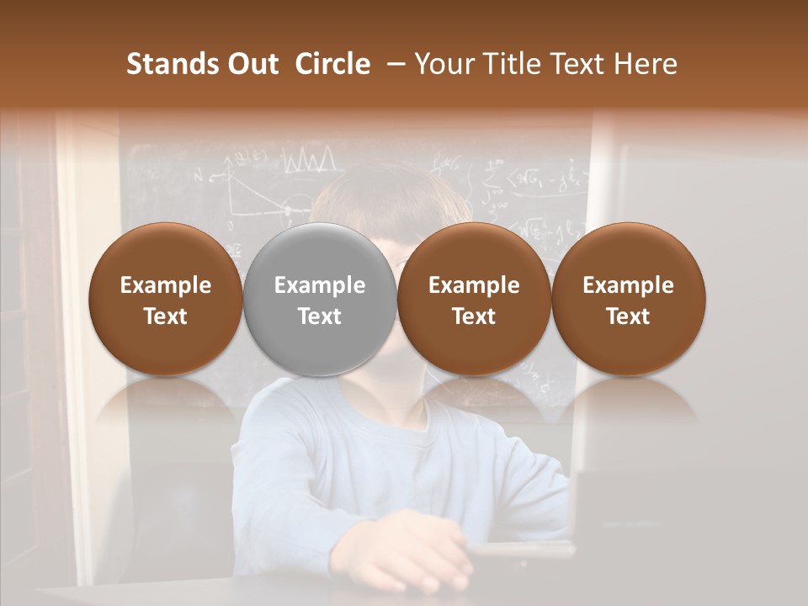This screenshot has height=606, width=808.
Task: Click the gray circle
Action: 320,299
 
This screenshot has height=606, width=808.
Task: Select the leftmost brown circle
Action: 166,299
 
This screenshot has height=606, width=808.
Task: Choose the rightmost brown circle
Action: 628,299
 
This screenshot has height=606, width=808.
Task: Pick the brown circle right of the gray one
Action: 474,299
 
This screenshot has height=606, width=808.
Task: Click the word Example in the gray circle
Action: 320,285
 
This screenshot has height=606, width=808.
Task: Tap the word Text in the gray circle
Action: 320,316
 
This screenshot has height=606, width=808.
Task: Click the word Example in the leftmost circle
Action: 166,285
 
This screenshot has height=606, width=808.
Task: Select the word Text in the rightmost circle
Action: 628,316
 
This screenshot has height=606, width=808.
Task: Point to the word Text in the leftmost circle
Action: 166,316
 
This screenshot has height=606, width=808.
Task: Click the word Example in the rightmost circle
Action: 628,285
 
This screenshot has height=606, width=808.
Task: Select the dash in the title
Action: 392,64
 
